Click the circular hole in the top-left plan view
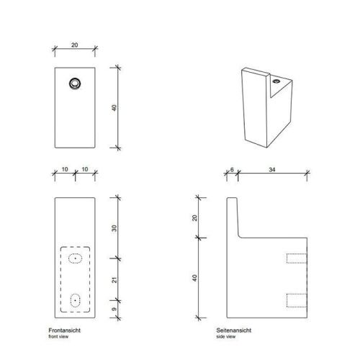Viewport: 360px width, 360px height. coord(73,84)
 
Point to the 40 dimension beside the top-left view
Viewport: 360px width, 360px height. coord(114,107)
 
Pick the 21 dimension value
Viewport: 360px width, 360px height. coord(114,278)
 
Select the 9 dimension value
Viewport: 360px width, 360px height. coord(114,309)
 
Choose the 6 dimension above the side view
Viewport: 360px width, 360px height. coord(232,171)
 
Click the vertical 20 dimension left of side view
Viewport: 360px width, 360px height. coord(194,217)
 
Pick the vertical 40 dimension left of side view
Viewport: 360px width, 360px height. coord(194,278)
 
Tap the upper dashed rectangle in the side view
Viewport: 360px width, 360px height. coord(296,258)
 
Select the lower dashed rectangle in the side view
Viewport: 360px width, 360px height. coord(296,299)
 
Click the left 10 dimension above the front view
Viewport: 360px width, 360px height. coord(65,171)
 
